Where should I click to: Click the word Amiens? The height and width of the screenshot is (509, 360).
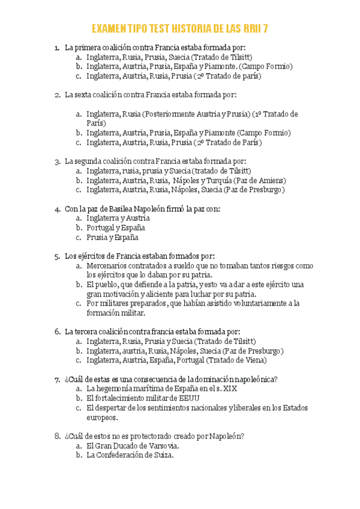tap(271, 180)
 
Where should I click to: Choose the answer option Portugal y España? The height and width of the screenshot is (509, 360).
tap(115, 227)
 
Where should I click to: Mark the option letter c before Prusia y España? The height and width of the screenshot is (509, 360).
tap(78, 237)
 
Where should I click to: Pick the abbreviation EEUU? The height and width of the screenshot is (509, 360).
tap(187, 398)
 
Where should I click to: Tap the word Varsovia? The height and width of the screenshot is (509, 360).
tap(162, 446)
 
